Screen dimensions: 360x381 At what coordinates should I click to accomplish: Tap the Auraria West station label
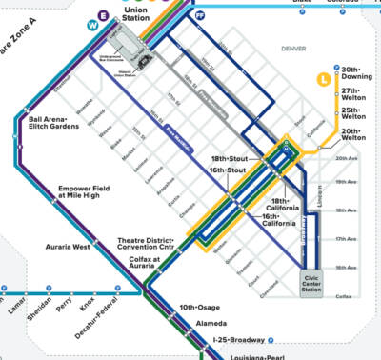click(x=69, y=246)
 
